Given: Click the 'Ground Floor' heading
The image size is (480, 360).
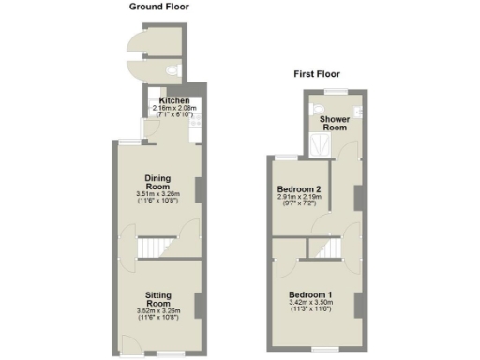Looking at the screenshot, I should (158, 7).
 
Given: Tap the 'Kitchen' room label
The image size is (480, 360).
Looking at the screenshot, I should (174, 101).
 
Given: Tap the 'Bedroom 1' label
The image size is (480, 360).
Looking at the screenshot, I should (313, 293).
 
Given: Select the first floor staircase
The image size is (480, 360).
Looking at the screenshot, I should (325, 247).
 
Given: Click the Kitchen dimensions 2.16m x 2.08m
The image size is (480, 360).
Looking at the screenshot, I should (174, 109).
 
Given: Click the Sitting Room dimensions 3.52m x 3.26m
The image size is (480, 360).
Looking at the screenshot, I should (157, 312).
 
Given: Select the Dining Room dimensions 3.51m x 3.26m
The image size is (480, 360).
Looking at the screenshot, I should (157, 195).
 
